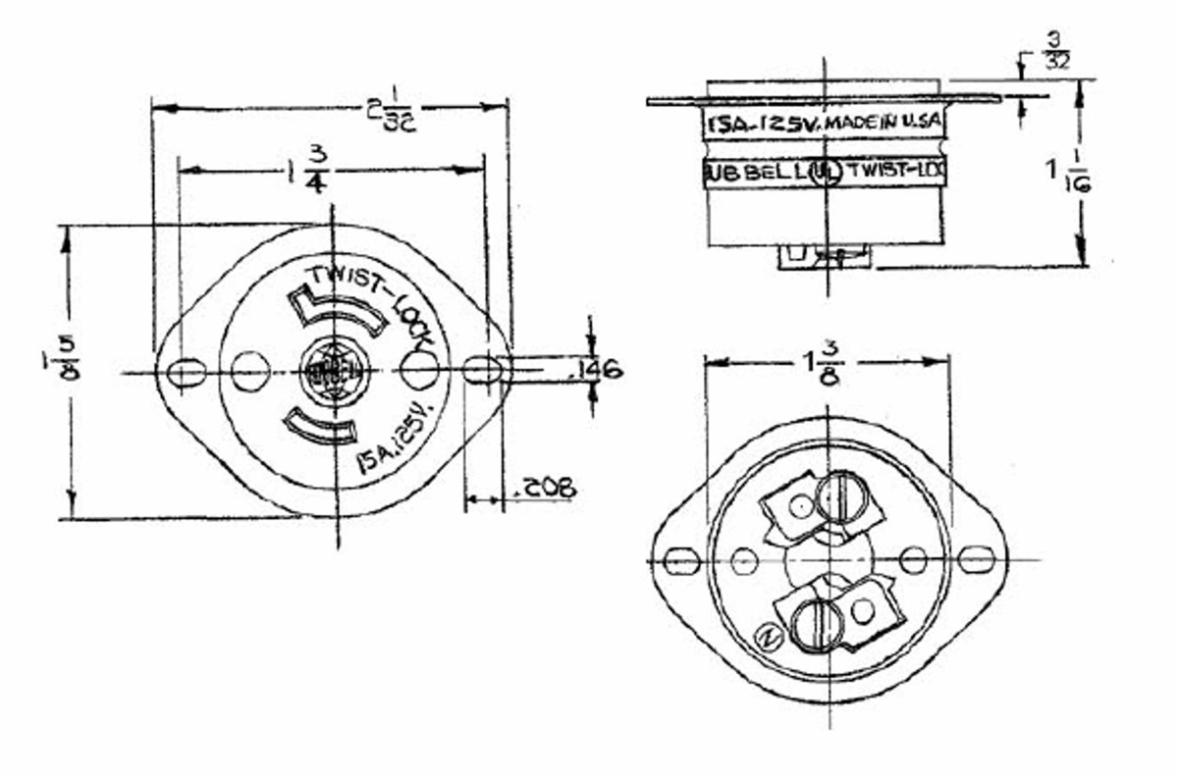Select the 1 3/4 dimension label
pos(309,170)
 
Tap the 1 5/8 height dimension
pos(68,360)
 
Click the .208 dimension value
pos(549,488)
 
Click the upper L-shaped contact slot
pos(334,310)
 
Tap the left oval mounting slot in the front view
pos(186,373)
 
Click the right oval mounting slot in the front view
pos(482,370)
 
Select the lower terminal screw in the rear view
pos(812,624)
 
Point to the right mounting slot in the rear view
pos(977,559)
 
